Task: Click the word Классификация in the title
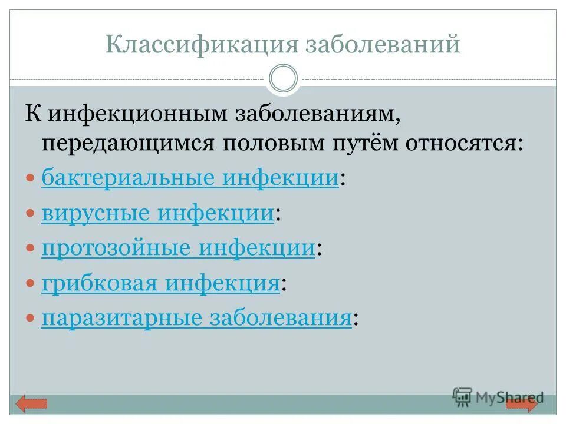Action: pyautogui.click(x=200, y=45)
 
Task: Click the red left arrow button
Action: pyautogui.click(x=31, y=404)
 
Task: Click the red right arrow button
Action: pyautogui.click(x=522, y=404)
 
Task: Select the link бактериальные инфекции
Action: pyautogui.click(x=189, y=178)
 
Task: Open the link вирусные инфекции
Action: pyautogui.click(x=157, y=213)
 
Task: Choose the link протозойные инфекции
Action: pyautogui.click(x=178, y=249)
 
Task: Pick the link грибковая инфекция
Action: pyautogui.click(x=160, y=284)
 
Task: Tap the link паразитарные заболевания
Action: pyautogui.click(x=196, y=319)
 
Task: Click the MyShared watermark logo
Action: pyautogui.click(x=498, y=397)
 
